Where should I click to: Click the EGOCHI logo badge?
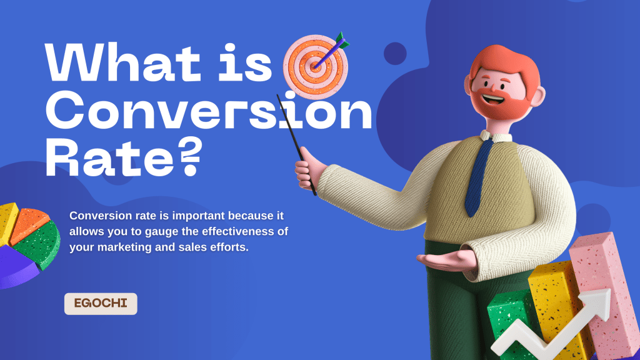(101, 304)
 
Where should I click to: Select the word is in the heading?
(247, 62)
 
